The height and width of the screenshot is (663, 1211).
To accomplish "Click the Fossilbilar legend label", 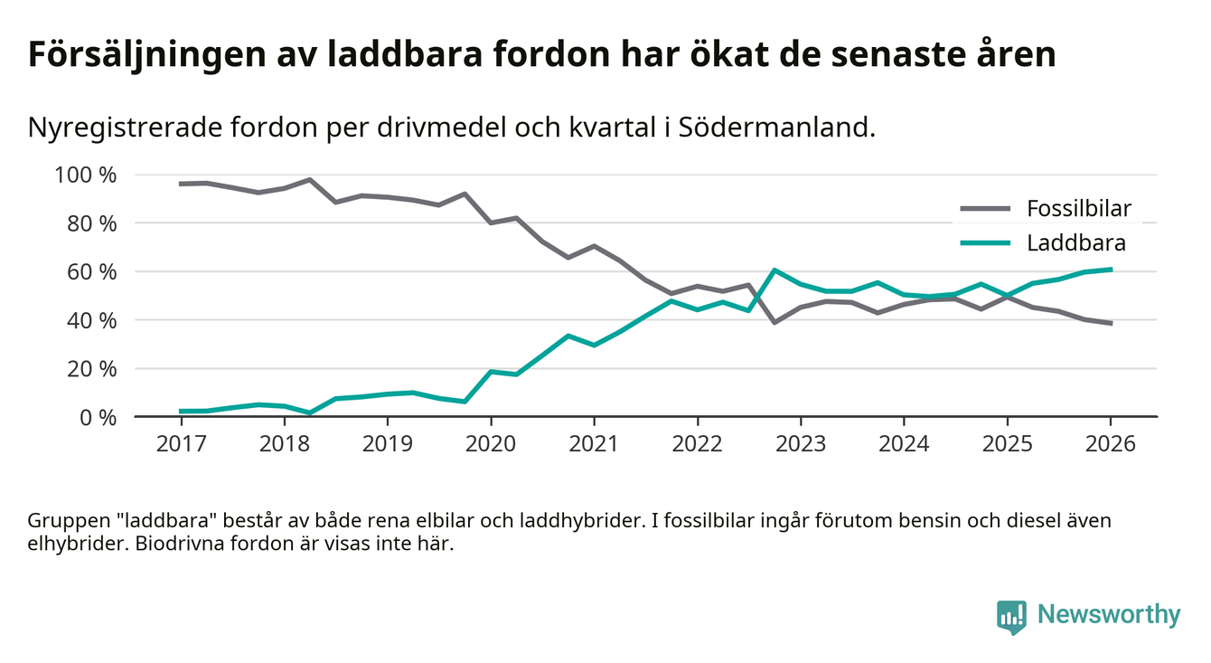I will tap(1078, 209).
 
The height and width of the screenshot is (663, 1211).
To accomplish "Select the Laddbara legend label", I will tap(1075, 242).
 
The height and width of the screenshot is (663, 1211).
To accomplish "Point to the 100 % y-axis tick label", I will tap(87, 175).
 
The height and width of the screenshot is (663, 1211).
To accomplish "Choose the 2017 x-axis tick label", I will tap(181, 445).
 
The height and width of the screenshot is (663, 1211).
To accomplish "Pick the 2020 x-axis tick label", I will tap(491, 445).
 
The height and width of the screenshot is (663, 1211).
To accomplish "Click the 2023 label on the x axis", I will tap(800, 445).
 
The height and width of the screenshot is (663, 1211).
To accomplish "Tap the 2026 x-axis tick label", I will tap(1110, 445).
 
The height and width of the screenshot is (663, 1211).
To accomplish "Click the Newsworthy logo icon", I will tap(1011, 616).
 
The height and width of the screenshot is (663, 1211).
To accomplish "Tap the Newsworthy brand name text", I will tap(1109, 615).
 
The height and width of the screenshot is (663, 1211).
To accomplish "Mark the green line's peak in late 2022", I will tap(774, 270).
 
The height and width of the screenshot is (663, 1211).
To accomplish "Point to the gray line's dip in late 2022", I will tap(774, 322).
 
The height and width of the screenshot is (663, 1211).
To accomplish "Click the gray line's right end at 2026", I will tap(1111, 323).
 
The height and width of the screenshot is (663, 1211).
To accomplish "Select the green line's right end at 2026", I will tap(1111, 269).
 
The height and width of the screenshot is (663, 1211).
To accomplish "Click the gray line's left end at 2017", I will tap(181, 184).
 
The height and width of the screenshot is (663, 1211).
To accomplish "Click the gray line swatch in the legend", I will tap(984, 209).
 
